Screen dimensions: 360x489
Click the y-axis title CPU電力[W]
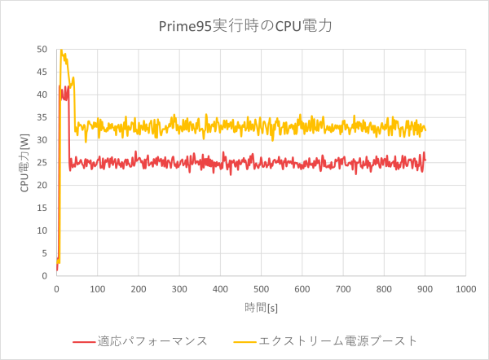25,163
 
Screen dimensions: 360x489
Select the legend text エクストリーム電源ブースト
337,340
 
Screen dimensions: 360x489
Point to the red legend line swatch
83,341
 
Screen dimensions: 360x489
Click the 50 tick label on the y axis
41,49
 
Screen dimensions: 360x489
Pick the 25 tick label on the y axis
41,162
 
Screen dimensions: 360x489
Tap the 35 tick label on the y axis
41,117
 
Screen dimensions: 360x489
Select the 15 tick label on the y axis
41,208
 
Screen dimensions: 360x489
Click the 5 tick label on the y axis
43,253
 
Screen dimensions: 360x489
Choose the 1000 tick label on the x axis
465,288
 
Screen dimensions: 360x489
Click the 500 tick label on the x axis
261,288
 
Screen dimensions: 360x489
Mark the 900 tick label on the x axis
425,288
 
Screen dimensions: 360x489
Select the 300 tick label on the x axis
179,288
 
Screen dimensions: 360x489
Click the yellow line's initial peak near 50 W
60,50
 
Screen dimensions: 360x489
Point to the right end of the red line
425,158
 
